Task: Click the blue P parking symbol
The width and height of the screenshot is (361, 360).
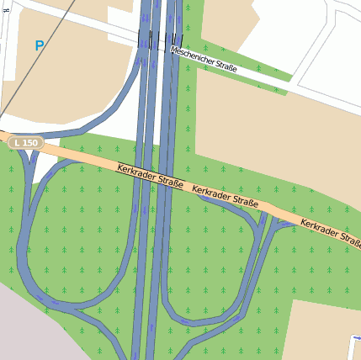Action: [39, 46]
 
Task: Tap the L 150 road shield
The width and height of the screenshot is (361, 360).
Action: [26, 144]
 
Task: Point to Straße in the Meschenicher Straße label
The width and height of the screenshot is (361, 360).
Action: [226, 66]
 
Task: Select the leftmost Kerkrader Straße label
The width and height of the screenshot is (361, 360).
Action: [150, 176]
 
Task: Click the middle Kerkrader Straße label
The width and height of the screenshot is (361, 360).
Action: [225, 196]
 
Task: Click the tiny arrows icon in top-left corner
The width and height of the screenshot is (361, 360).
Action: [7, 8]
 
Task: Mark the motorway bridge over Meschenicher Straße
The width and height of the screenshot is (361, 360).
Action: [159, 40]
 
